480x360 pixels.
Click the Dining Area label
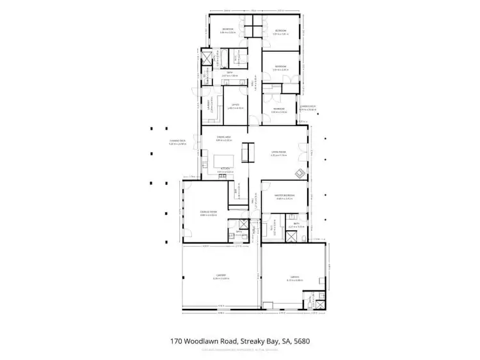(x=223, y=137)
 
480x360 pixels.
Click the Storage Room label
(x=209, y=214)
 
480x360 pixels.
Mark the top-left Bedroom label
(x=228, y=29)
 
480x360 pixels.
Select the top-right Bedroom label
(x=280, y=30)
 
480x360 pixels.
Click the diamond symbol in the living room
(x=299, y=173)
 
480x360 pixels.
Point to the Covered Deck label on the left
(x=177, y=141)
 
